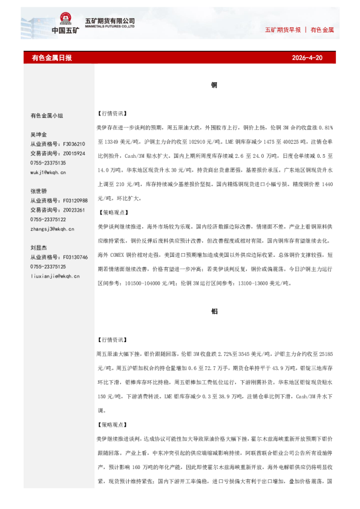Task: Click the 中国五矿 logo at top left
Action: pyautogui.click(x=65, y=24)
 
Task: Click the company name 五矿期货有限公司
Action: pyautogui.click(x=114, y=20)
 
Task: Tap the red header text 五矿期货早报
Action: pyautogui.click(x=283, y=30)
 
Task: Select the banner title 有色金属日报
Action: pyautogui.click(x=51, y=58)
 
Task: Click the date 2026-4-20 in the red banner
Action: pyautogui.click(x=307, y=58)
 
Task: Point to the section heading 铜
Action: pyautogui.click(x=214, y=85)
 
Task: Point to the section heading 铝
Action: pyautogui.click(x=214, y=311)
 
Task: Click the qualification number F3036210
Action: pyautogui.click(x=74, y=144)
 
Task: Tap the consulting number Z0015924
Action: pyautogui.click(x=74, y=154)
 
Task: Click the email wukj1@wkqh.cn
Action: pyautogui.click(x=48, y=173)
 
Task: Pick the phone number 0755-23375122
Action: pyautogui.click(x=48, y=219)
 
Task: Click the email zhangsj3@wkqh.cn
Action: pyautogui.click(x=52, y=229)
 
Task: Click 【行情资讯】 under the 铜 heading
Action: pyautogui.click(x=111, y=113)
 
